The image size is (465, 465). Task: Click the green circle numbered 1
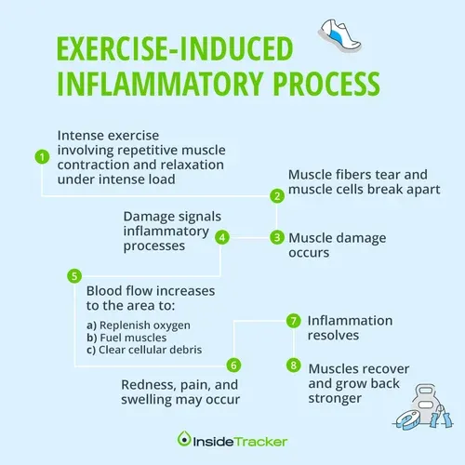tap(41, 157)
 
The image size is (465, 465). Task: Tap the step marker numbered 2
tap(276, 195)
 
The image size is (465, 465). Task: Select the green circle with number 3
tap(276, 236)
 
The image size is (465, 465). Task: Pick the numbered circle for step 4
tap(222, 236)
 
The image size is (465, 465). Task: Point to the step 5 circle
tap(74, 276)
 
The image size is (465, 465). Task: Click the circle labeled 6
tap(234, 365)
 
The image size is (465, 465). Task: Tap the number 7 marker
tap(293, 321)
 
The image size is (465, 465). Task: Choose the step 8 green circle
tap(293, 365)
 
